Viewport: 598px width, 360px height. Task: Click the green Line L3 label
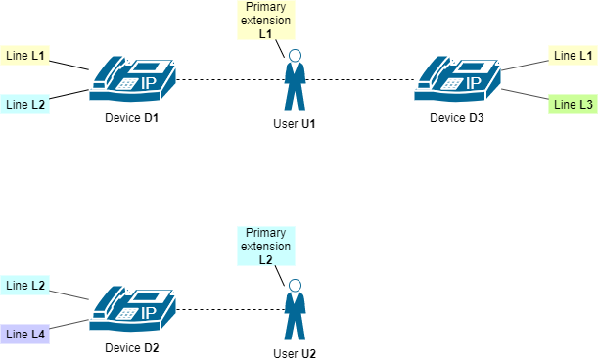tap(573, 104)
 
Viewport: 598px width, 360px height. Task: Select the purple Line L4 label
tap(25, 335)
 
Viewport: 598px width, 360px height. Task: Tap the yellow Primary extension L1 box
tap(266, 20)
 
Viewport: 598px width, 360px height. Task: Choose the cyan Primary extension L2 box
tap(266, 247)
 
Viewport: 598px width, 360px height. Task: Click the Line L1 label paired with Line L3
tap(573, 56)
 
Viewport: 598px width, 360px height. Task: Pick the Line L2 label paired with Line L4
tap(25, 286)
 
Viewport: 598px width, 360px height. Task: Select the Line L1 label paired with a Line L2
tap(25, 56)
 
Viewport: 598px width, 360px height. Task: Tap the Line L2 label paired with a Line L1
tap(25, 104)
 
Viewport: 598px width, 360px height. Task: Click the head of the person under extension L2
tap(294, 286)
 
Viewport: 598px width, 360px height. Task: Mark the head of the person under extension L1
tap(294, 56)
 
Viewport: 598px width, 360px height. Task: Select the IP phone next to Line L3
tap(457, 78)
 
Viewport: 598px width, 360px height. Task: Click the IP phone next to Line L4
tap(132, 309)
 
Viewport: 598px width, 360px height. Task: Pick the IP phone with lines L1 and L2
tap(132, 78)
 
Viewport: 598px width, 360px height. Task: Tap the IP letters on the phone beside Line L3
tap(474, 82)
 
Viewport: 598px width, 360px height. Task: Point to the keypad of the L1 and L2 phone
tap(126, 84)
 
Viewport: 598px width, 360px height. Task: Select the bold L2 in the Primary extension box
tap(266, 260)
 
